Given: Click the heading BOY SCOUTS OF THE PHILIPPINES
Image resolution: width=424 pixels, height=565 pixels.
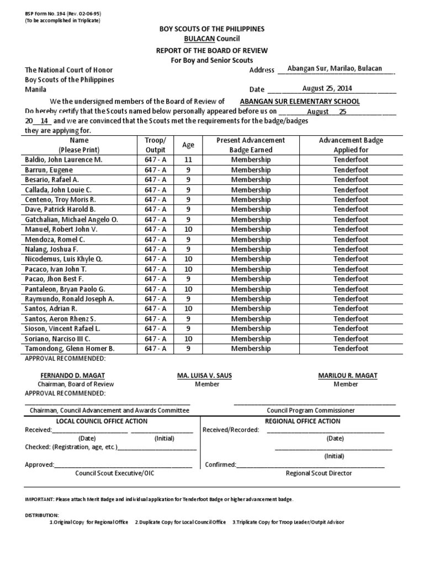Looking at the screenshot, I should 212,29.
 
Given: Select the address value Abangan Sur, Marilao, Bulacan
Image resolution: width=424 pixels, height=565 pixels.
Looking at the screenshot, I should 335,68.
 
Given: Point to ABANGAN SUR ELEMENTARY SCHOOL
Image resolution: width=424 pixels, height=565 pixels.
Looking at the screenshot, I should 299,102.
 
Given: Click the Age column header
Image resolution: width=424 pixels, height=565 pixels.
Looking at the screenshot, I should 188,145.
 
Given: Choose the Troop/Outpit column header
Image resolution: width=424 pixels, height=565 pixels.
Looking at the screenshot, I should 155,145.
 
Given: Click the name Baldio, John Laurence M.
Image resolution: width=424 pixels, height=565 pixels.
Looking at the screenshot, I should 64,159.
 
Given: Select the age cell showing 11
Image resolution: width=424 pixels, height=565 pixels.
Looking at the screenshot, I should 188,159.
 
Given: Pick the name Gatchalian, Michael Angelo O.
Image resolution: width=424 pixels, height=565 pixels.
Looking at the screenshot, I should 72,219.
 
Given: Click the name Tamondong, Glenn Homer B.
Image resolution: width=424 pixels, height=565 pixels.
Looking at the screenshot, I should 70,349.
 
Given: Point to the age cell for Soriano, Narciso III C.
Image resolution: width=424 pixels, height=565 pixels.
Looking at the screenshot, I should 188,339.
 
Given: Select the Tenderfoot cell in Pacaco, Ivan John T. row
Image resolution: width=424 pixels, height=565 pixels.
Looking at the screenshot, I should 351,269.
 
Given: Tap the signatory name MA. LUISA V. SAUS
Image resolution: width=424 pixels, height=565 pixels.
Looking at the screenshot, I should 204,376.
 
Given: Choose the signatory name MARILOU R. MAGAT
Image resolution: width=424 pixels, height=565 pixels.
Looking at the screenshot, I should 348,376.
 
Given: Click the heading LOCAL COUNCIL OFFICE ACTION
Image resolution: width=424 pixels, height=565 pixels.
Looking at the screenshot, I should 102,421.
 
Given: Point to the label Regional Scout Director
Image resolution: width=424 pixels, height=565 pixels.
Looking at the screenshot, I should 319,473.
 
